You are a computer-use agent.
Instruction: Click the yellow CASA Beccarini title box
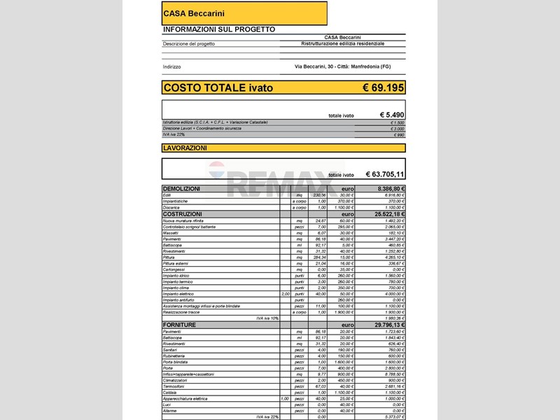point(244,13)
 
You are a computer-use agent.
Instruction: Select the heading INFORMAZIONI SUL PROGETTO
point(218,29)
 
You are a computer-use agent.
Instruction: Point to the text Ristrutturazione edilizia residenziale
point(343,43)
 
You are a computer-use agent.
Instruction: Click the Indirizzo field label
point(171,66)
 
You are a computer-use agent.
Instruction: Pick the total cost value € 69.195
point(383,87)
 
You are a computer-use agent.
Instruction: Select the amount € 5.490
point(391,115)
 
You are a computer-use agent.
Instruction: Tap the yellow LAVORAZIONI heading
point(185,148)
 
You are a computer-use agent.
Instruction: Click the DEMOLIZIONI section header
point(181,189)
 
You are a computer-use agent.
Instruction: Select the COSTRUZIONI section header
point(182,213)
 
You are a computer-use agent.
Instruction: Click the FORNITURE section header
point(179,325)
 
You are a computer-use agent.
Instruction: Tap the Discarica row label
point(171,207)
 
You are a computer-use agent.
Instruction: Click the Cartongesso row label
point(174,269)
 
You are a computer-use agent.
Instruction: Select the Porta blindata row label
point(176,362)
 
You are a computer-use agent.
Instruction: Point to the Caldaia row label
point(170,392)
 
